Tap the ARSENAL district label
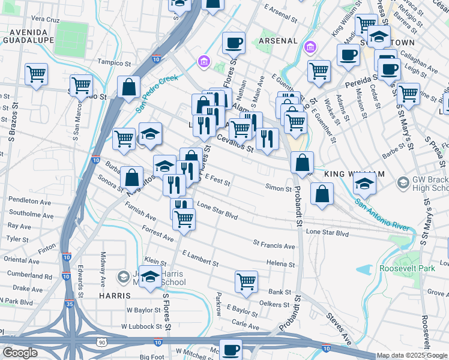pyautogui.click(x=279, y=40)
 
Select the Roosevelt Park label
pyautogui.click(x=407, y=268)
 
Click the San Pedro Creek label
pyautogui.click(x=157, y=93)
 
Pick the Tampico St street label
pyautogui.click(x=114, y=62)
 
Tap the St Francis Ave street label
pyautogui.click(x=274, y=245)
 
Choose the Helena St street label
pyautogui.click(x=280, y=264)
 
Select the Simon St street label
pyautogui.click(x=279, y=188)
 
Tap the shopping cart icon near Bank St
pyautogui.click(x=247, y=281)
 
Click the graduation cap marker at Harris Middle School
pyautogui.click(x=151, y=277)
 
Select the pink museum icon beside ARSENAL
pyautogui.click(x=311, y=47)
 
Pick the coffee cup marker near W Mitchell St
pyautogui.click(x=231, y=349)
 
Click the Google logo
pyautogui.click(x=20, y=352)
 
